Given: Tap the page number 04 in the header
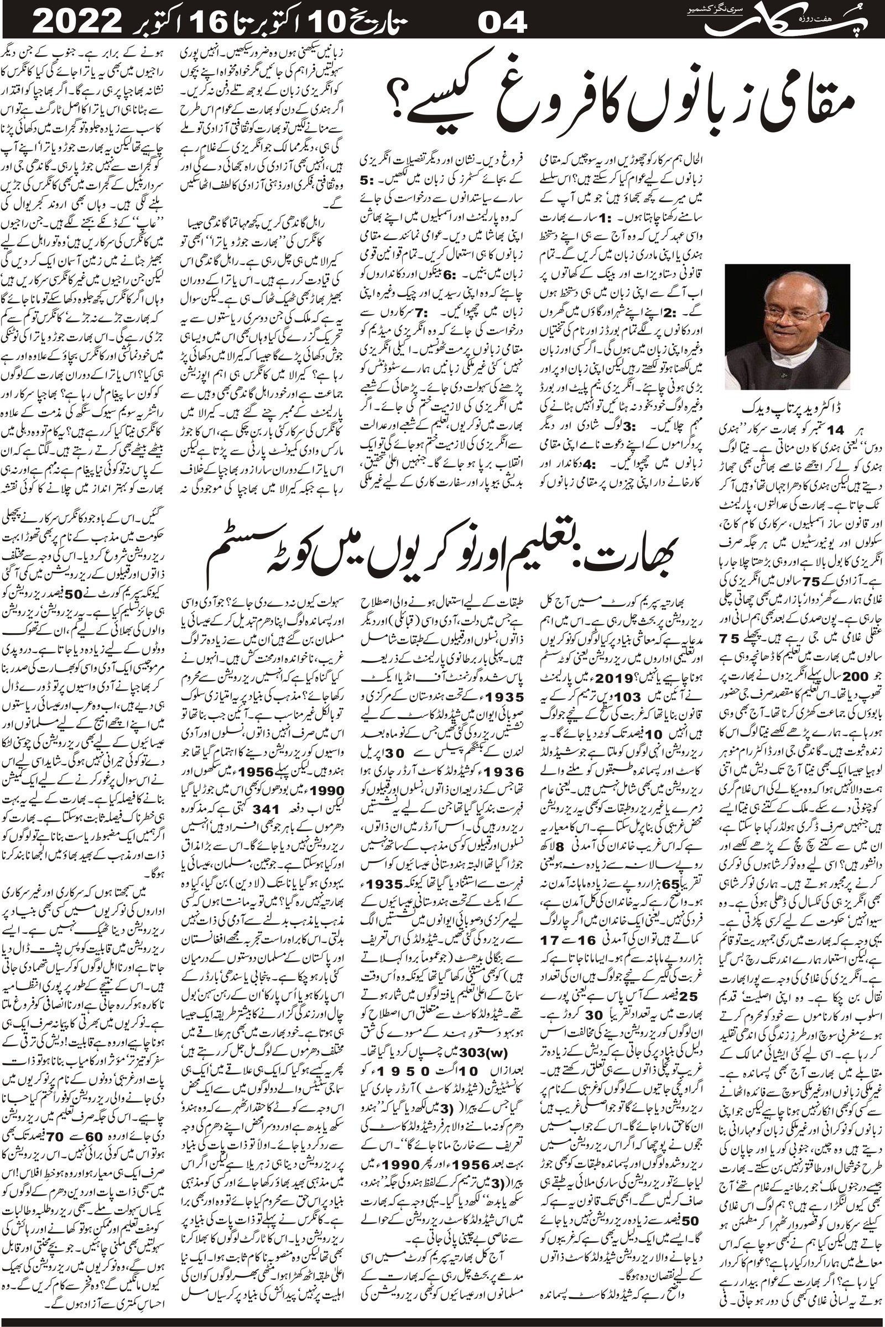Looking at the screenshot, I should tap(502, 24).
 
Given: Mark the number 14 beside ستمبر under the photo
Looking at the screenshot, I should tap(832, 431).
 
